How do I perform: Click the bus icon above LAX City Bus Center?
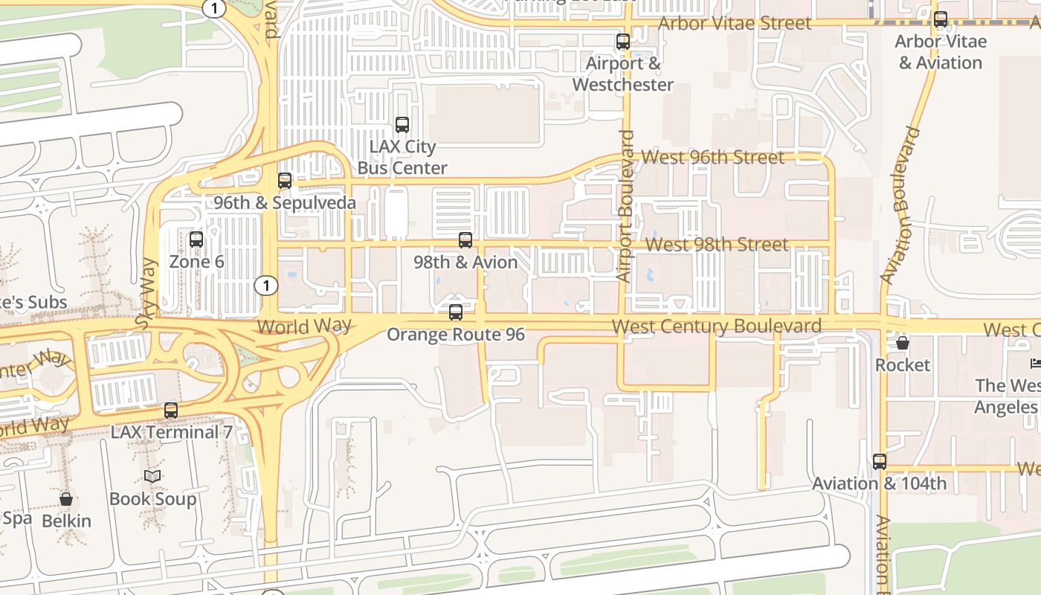point(402,125)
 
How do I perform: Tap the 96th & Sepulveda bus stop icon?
point(284,181)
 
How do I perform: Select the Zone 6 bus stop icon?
point(196,239)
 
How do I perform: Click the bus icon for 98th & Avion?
point(465,240)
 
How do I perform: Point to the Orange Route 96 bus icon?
point(456,312)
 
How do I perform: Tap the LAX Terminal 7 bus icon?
point(171,410)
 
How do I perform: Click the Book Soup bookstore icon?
point(152,476)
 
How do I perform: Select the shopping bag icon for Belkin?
point(66,499)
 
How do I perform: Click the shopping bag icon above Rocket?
point(902,343)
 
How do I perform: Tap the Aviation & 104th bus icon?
point(880,461)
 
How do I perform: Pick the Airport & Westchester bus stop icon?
point(623,42)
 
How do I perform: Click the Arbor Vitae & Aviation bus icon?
point(941,19)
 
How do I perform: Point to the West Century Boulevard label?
point(716,327)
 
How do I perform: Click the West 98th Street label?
point(717,245)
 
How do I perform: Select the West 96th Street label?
point(712,157)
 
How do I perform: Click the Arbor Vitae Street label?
point(735,23)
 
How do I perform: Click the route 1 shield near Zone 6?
point(265,285)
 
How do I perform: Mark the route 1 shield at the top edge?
point(213,7)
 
